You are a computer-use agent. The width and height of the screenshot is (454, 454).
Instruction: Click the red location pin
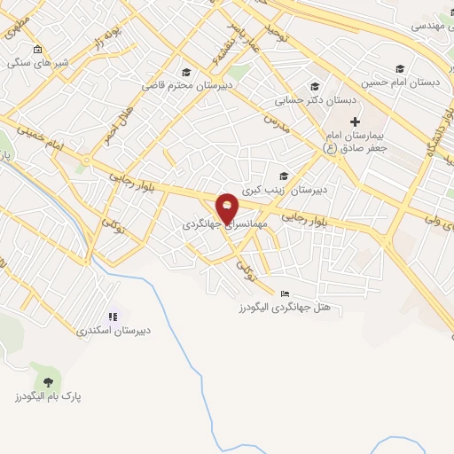228,207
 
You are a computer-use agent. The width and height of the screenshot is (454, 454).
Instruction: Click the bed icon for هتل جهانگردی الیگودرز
284,294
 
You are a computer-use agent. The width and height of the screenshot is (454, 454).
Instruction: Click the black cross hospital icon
355,121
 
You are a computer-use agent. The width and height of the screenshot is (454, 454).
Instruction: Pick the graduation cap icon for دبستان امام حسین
400,68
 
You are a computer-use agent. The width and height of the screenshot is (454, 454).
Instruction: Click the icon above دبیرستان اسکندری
113,317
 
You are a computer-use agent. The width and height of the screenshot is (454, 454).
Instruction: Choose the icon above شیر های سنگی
36,50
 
